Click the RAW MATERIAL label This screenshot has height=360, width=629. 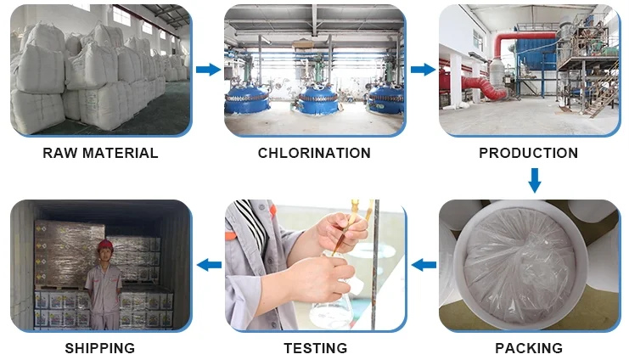[100, 154]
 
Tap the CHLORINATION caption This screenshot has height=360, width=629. [314, 154]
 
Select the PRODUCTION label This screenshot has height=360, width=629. [528, 154]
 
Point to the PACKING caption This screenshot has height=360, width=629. [528, 348]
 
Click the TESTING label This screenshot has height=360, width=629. [314, 348]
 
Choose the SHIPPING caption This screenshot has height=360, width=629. [100, 348]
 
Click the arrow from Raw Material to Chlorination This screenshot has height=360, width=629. [208, 70]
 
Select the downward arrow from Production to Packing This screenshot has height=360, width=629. [534, 179]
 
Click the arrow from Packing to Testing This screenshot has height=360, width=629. [423, 266]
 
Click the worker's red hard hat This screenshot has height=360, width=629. [105, 245]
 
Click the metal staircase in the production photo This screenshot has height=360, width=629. [604, 93]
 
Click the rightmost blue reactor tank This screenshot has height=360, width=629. [383, 100]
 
